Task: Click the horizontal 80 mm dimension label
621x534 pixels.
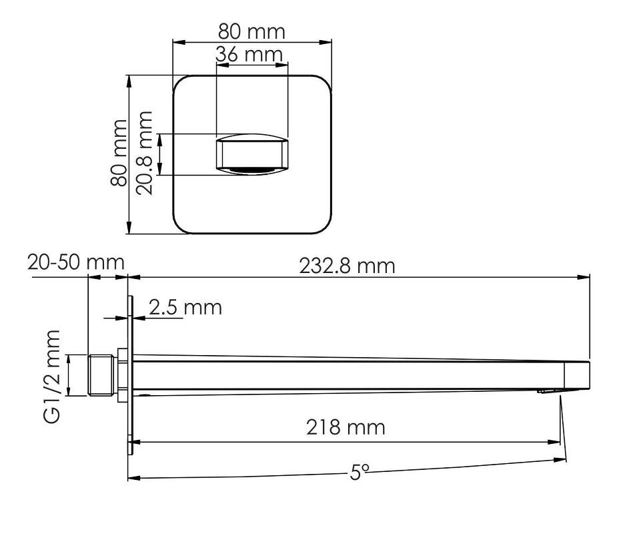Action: (x=251, y=32)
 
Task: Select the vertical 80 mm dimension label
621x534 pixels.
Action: (x=119, y=153)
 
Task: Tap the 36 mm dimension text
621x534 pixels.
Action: (x=249, y=54)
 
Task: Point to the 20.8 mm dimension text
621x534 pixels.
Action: (x=144, y=153)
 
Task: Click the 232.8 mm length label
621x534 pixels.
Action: (x=347, y=266)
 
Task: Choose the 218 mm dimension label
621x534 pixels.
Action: (x=346, y=427)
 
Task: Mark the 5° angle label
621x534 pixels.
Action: (x=360, y=472)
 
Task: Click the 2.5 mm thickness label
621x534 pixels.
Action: (x=185, y=308)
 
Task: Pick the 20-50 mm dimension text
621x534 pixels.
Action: (x=76, y=262)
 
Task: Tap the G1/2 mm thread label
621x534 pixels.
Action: (x=52, y=376)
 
